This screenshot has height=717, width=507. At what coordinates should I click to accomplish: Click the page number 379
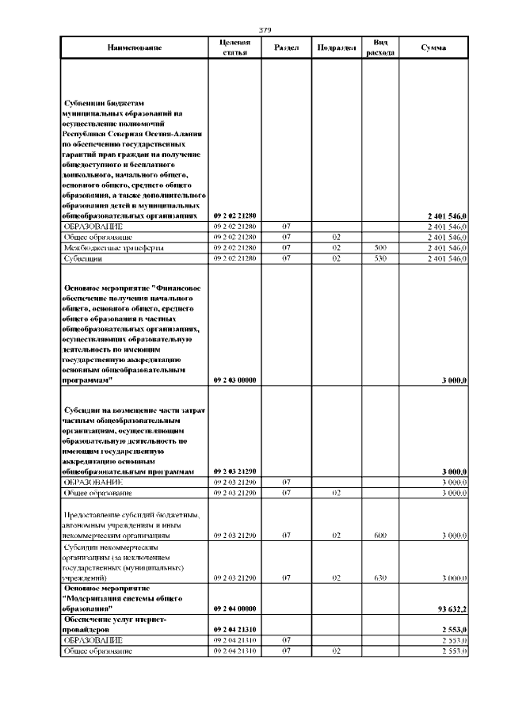[265, 30]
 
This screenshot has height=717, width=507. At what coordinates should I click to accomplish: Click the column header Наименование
[135, 48]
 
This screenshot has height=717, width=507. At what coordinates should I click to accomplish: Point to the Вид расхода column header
[379, 48]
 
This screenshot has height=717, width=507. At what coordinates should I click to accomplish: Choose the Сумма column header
[433, 48]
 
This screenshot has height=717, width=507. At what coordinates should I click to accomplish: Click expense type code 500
[379, 248]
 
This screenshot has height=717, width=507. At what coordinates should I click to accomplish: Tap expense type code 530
[379, 258]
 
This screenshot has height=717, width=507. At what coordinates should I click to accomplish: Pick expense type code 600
[379, 536]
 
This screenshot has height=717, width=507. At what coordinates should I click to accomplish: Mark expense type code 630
[379, 578]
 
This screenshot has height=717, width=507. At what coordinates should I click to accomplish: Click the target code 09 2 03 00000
[234, 380]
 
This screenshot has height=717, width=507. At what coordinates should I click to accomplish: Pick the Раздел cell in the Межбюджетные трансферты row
[285, 248]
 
